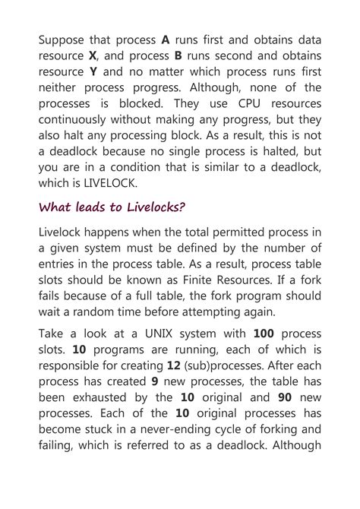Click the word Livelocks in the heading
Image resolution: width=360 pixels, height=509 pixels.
coord(148,207)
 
